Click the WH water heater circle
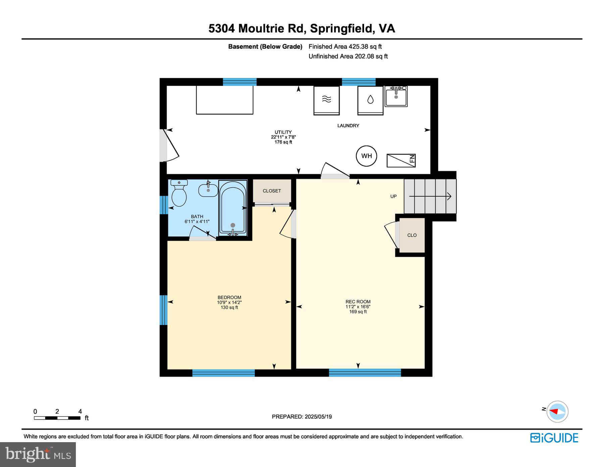[x=366, y=156]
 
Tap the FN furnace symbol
[x=401, y=160]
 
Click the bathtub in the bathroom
[x=233, y=207]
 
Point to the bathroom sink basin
[x=208, y=190]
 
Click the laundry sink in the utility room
[x=396, y=96]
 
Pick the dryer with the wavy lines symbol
[x=326, y=100]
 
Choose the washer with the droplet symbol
[x=370, y=100]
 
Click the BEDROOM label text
[x=229, y=297]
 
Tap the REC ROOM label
[x=358, y=301]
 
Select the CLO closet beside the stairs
[x=412, y=235]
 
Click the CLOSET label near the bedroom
[x=272, y=191]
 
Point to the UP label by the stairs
[x=394, y=196]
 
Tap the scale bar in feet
[x=57, y=418]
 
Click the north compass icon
[x=557, y=411]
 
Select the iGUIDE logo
[x=554, y=438]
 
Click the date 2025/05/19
[x=318, y=417]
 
